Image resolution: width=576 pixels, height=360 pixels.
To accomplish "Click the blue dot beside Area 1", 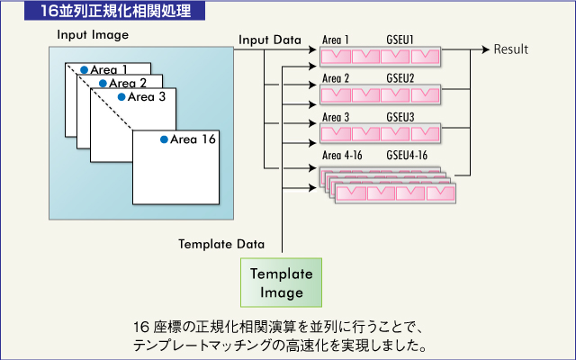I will click(x=84, y=69).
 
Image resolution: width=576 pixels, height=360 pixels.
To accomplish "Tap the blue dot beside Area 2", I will click(x=103, y=83).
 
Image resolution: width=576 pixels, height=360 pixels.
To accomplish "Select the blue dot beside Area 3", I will click(x=121, y=96).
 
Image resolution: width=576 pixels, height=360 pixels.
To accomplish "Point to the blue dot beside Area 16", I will click(x=164, y=139).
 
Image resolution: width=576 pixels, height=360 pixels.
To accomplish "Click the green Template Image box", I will click(x=281, y=283).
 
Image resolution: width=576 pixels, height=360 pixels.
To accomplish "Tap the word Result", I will click(x=511, y=49).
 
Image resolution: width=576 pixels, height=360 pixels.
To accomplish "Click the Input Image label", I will click(x=93, y=35).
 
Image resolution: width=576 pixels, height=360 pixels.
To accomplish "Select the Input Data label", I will click(x=270, y=41).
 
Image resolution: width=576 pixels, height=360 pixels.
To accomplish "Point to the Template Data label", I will click(x=221, y=244).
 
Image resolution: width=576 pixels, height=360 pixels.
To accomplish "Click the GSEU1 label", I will click(x=401, y=41).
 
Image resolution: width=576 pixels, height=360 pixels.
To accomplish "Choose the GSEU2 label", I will click(x=401, y=78).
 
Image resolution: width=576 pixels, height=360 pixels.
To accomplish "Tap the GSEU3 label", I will click(x=401, y=117).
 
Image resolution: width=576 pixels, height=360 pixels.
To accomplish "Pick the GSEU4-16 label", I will click(x=407, y=156).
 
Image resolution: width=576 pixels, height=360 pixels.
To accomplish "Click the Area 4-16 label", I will click(x=341, y=156).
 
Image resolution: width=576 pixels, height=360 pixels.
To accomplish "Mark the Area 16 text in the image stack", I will click(x=193, y=139).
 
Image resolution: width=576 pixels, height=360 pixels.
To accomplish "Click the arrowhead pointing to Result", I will click(x=486, y=49).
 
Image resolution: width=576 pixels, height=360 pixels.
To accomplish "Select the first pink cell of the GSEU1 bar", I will click(x=337, y=57).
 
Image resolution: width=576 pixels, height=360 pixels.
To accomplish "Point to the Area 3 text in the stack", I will click(x=147, y=96).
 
